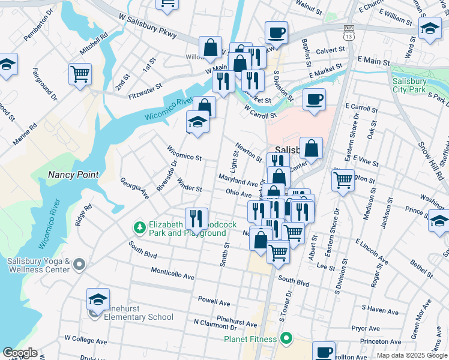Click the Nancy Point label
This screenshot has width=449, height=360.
[72, 175]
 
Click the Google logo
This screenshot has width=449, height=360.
[19, 353]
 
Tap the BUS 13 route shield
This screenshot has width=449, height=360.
[348, 32]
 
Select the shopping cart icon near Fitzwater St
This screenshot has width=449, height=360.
[80, 74]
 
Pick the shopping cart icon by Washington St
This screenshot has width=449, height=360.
[343, 179]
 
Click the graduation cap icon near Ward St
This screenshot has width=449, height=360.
[430, 29]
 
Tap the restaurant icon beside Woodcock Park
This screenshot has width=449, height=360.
[196, 218]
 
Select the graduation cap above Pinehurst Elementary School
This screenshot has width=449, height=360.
[98, 299]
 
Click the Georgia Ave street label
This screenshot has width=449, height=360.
[134, 188]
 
